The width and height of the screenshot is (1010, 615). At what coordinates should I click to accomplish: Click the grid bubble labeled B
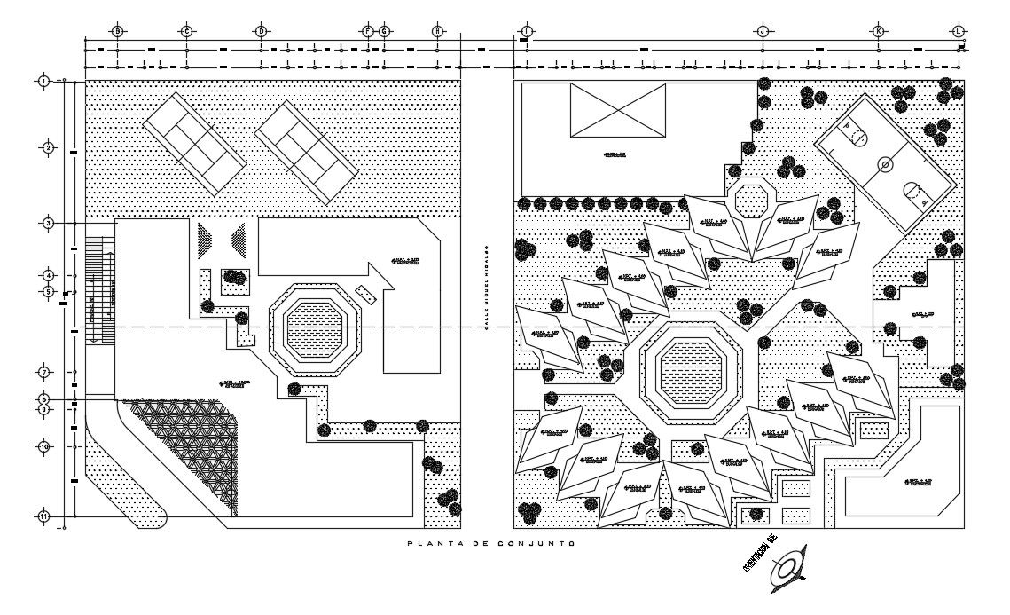pyautogui.click(x=116, y=31)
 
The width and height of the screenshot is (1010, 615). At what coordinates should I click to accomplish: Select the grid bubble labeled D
pyautogui.click(x=261, y=31)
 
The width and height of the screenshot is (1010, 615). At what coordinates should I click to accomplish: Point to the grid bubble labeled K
pyautogui.click(x=879, y=31)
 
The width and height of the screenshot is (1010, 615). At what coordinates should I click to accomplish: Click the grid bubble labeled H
pyautogui.click(x=437, y=31)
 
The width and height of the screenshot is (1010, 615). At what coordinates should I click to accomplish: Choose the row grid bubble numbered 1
pyautogui.click(x=43, y=82)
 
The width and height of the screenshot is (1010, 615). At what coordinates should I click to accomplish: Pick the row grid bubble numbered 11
pyautogui.click(x=43, y=516)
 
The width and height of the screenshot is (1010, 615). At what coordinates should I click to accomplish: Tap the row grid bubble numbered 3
pyautogui.click(x=49, y=224)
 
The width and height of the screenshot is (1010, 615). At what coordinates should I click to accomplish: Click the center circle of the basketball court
pyautogui.click(x=884, y=164)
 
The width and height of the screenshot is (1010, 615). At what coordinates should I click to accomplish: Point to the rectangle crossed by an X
pyautogui.click(x=617, y=112)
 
